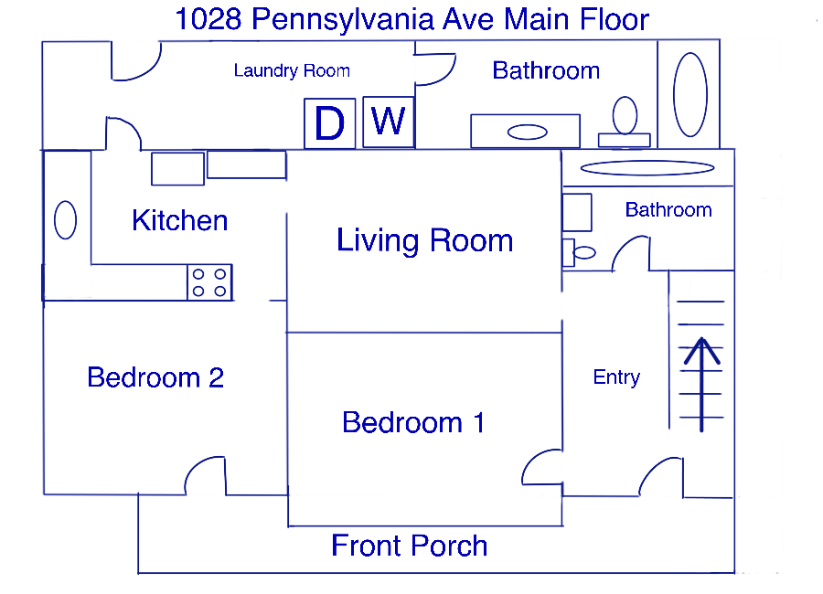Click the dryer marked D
(x=329, y=123)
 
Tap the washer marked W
(x=389, y=122)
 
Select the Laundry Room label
(x=292, y=70)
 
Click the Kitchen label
(x=179, y=220)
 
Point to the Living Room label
(x=424, y=241)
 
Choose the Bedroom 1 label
(x=413, y=422)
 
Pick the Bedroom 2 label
(x=155, y=377)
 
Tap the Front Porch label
(x=410, y=546)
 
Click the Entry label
(x=616, y=377)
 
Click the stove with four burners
(x=209, y=282)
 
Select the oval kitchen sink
(x=66, y=220)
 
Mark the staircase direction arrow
(x=701, y=385)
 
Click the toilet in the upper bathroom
(x=625, y=122)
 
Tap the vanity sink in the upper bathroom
(x=527, y=132)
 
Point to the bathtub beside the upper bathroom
(x=690, y=94)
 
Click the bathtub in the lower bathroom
(x=647, y=168)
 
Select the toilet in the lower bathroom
(x=579, y=253)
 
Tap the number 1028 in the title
(x=208, y=19)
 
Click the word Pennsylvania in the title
(x=343, y=20)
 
